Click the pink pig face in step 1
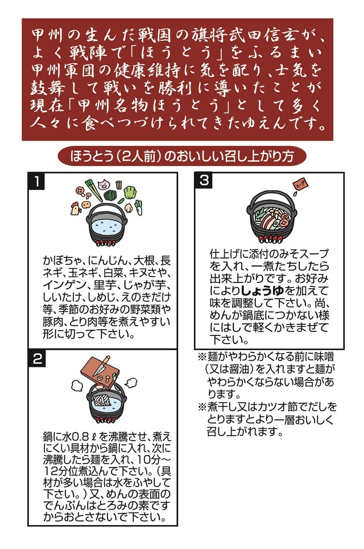104,185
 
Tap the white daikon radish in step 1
138,208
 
